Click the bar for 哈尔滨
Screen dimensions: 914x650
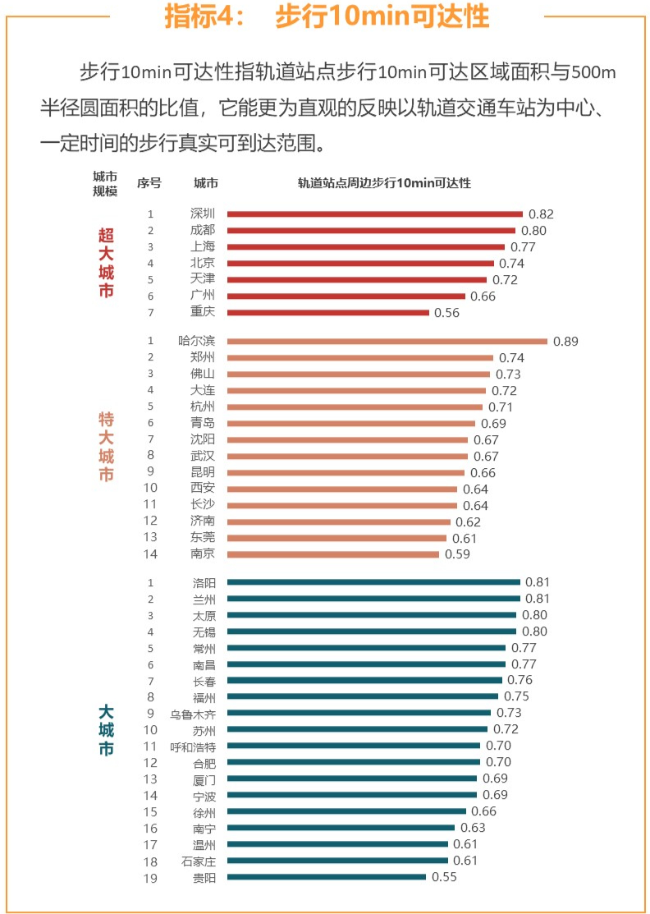pos(387,341)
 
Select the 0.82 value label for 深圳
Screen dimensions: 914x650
pos(542,214)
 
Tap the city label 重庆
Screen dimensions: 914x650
pos(203,313)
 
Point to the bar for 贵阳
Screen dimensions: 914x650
pos(327,877)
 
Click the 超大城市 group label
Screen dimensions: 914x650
pos(106,263)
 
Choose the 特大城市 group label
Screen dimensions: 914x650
pos(106,448)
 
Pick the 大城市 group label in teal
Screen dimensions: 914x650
pos(106,729)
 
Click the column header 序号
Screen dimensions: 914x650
pos(149,182)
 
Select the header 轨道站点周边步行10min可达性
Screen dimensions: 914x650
pos(384,182)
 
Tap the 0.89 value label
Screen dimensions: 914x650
pos(565,342)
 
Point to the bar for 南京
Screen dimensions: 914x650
pos(333,554)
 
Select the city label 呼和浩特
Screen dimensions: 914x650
pos(193,746)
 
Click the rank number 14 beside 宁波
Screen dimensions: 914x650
pos(151,795)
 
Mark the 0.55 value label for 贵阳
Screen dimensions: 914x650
pos(443,877)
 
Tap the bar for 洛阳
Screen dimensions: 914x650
pos(373,582)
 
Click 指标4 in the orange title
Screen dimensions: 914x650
pos(197,17)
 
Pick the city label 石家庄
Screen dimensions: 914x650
pos(199,861)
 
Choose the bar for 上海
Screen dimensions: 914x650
pos(366,247)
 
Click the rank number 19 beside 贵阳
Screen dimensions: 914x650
pos(151,877)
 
